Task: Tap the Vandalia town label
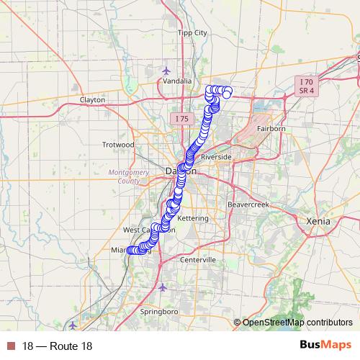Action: (177, 81)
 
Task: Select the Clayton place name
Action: (92, 99)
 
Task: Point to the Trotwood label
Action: (118, 145)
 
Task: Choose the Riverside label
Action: (216, 156)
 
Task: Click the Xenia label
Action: (317, 221)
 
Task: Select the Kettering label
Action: (193, 217)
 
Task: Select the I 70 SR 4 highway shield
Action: (306, 87)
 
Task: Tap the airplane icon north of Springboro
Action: (162, 287)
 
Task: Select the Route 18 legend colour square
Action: (11, 346)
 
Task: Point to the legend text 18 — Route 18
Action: (57, 346)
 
